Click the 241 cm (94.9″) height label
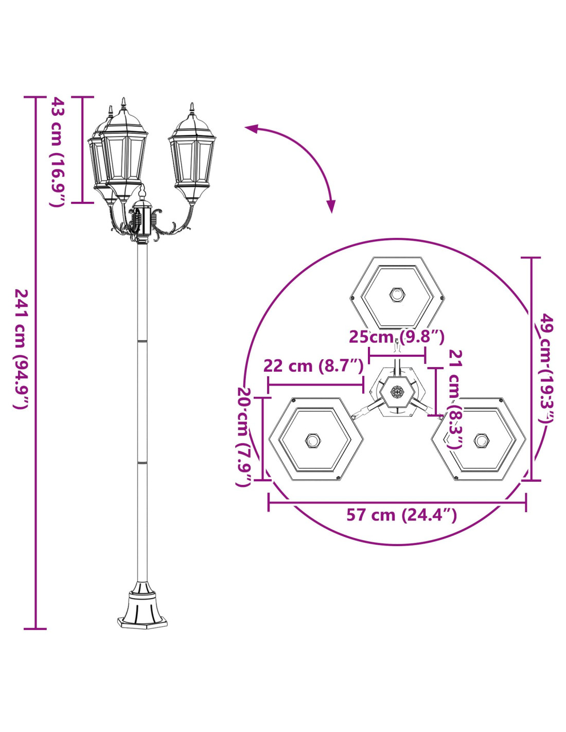coord(21,348)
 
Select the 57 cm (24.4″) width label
coord(401,524)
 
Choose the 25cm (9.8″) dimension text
coord(397,337)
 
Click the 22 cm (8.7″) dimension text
coord(313,366)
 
